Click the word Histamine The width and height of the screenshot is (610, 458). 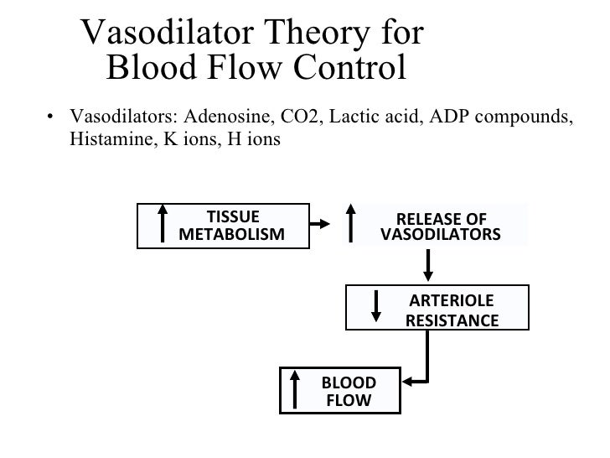(x=104, y=140)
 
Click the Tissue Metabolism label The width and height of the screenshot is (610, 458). (x=232, y=224)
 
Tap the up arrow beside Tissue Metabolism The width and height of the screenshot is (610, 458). (x=163, y=224)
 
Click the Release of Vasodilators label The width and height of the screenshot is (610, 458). (x=441, y=224)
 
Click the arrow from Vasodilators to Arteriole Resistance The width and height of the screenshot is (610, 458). (x=429, y=264)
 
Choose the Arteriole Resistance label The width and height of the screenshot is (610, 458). (x=451, y=310)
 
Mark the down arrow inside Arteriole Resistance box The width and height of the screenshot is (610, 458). (x=376, y=307)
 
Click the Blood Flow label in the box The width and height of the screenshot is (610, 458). (x=348, y=392)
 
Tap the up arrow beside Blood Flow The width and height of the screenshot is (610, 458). (x=295, y=391)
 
